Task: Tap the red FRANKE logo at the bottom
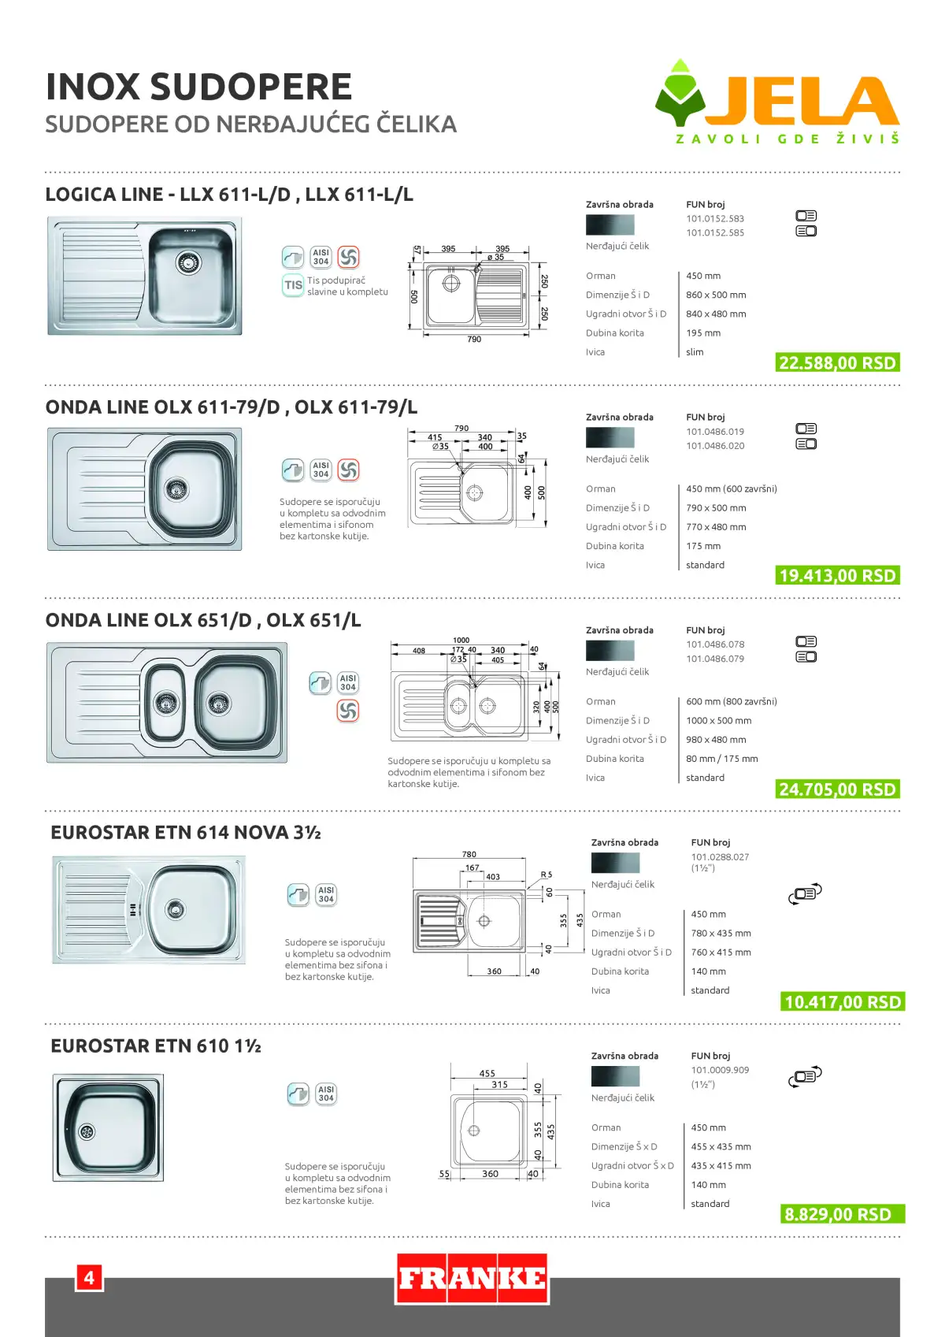pyautogui.click(x=472, y=1279)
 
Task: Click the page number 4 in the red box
pyautogui.click(x=90, y=1278)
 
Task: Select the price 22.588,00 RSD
pyautogui.click(x=838, y=363)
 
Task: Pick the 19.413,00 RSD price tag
pyautogui.click(x=838, y=575)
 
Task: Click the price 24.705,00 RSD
pyautogui.click(x=838, y=789)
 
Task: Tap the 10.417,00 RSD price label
pyautogui.click(x=843, y=1001)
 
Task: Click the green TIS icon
pyautogui.click(x=293, y=285)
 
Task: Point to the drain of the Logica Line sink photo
pyautogui.click(x=188, y=262)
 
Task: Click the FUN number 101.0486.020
pyautogui.click(x=715, y=446)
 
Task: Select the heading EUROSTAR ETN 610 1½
pyautogui.click(x=156, y=1045)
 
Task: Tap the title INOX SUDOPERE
pyautogui.click(x=198, y=87)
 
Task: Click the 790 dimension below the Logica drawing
pyautogui.click(x=474, y=339)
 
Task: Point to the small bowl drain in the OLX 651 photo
pyautogui.click(x=166, y=703)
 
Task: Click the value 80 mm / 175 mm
pyautogui.click(x=722, y=759)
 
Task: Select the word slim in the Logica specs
pyautogui.click(x=695, y=352)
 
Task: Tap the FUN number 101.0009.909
pyautogui.click(x=720, y=1070)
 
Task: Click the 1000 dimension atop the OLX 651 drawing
pyautogui.click(x=461, y=640)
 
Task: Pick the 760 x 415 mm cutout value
pyautogui.click(x=721, y=952)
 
